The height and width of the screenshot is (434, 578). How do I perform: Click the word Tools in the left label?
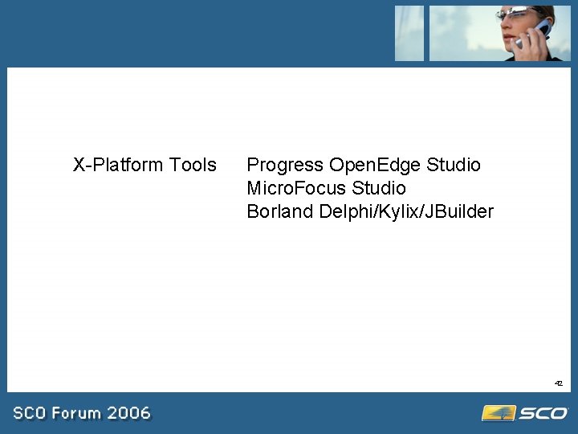pos(193,165)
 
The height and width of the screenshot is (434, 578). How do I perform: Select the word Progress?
pos(285,165)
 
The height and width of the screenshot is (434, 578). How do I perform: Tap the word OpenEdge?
pos(375,165)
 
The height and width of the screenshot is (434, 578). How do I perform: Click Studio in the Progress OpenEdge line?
pos(454,165)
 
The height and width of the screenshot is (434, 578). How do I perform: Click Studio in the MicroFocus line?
pos(379,188)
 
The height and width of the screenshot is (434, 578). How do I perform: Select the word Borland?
pos(280,211)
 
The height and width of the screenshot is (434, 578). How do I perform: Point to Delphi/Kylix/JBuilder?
pos(406,211)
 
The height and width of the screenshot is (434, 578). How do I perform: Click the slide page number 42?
pos(558,384)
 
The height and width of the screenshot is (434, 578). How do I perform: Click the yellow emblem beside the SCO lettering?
pos(498,413)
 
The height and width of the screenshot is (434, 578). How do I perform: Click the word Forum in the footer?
pos(79,413)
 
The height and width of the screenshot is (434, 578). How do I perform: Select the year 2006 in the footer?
pos(128,413)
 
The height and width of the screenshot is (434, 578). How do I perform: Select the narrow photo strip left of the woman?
pos(409,33)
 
